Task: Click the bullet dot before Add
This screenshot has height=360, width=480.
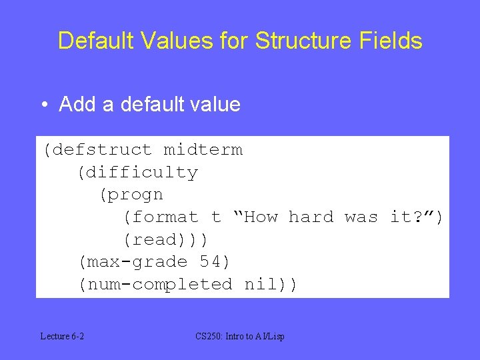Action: (x=43, y=105)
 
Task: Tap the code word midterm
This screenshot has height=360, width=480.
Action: (x=203, y=150)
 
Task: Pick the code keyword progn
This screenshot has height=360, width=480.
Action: (x=136, y=195)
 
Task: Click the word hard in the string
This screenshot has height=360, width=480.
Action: (x=311, y=217)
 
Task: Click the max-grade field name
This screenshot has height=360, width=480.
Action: (x=137, y=262)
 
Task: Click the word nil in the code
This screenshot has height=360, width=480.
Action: (x=261, y=285)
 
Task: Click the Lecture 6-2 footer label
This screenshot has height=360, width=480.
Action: (x=62, y=337)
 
